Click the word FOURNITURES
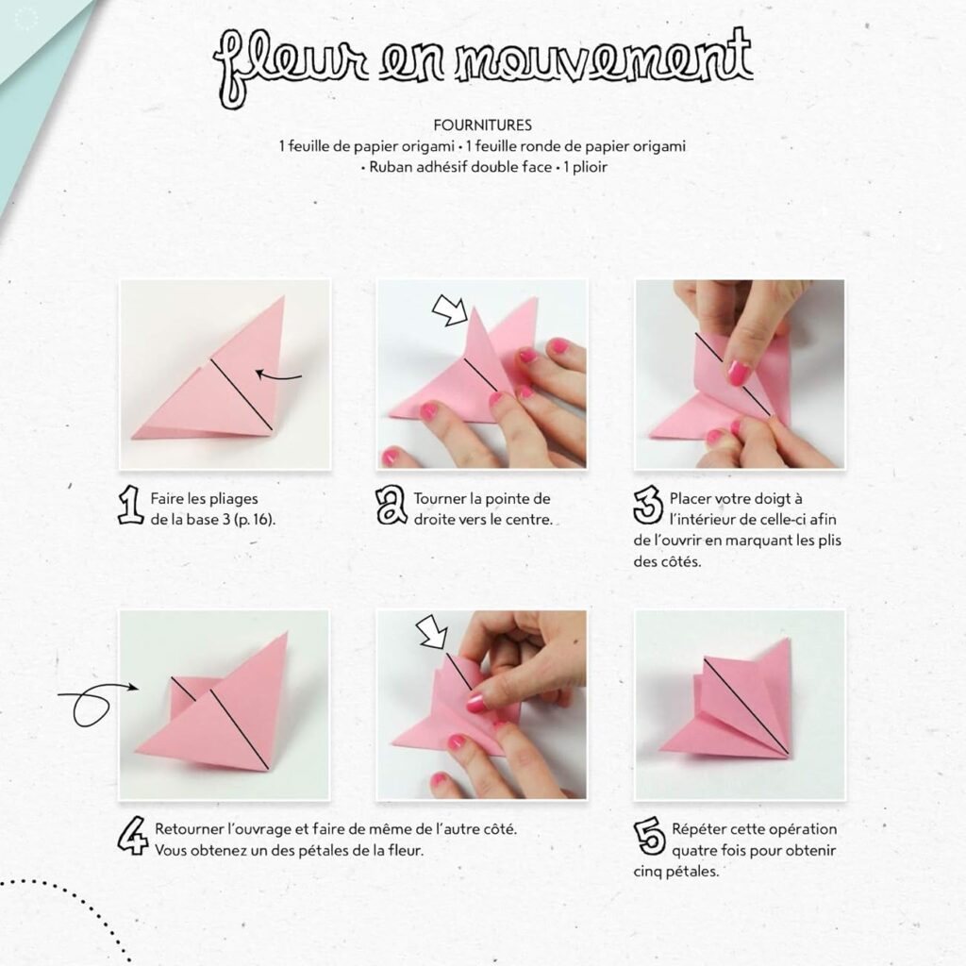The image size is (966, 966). point(482,124)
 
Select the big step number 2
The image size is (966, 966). point(391,506)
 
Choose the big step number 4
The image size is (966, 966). point(132,836)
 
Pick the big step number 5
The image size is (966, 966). point(649,836)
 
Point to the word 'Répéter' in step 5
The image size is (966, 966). point(698,829)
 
